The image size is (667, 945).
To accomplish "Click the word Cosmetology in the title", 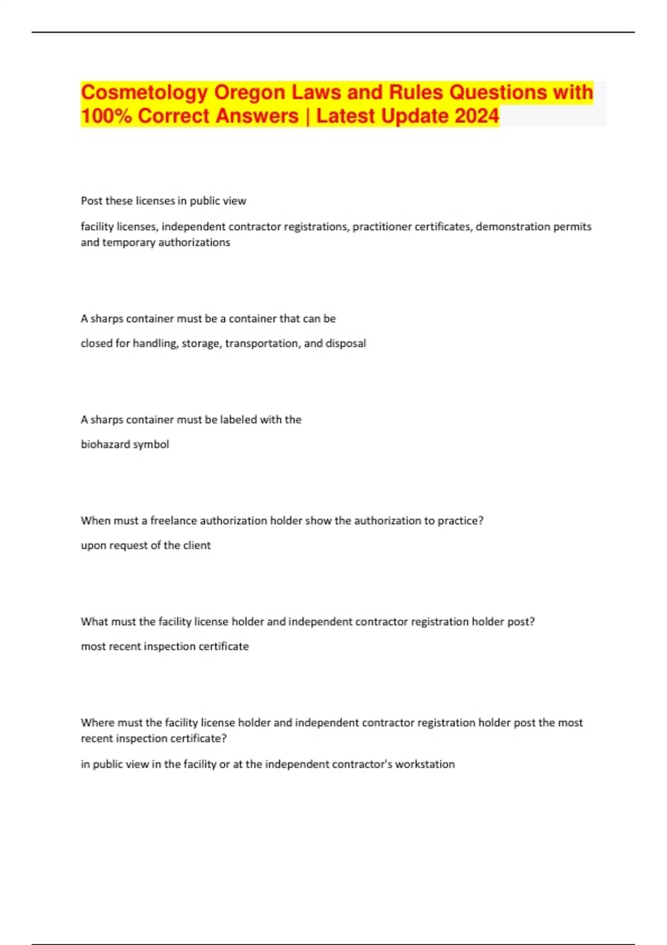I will [x=145, y=92].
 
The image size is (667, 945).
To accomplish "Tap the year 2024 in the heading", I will [x=476, y=116].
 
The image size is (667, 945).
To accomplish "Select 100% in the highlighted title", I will [x=106, y=116].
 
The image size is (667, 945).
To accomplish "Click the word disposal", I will [x=346, y=344].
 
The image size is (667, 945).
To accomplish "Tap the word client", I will [x=197, y=545].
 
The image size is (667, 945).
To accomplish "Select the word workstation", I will [x=425, y=764].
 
